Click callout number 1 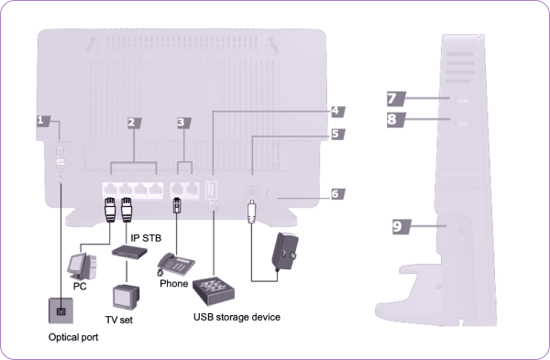point(43,121)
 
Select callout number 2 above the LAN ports point(135,123)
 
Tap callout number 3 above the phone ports point(184,123)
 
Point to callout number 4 point(338,112)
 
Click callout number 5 point(338,134)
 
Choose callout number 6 point(338,194)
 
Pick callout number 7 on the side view point(396,99)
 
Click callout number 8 point(396,120)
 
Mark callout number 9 point(401,226)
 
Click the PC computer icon point(82,267)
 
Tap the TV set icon point(126,298)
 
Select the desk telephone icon point(175,265)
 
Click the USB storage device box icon point(214,290)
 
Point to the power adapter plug point(285,252)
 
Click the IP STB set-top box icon point(129,252)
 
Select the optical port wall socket point(61,311)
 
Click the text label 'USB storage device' point(236,317)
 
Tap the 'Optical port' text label point(73,337)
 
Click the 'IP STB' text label point(146,238)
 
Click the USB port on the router point(212,190)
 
